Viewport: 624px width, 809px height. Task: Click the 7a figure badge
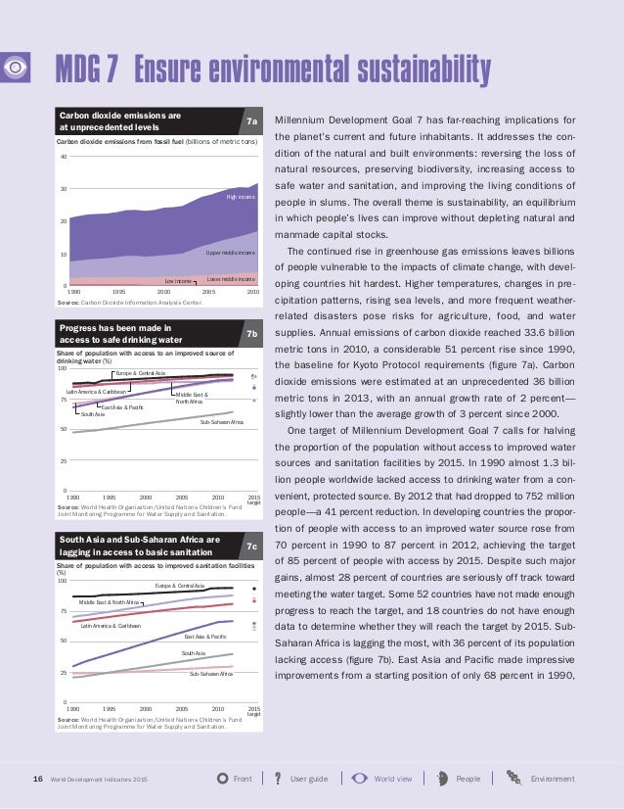click(251, 122)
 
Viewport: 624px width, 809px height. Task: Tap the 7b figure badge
click(251, 334)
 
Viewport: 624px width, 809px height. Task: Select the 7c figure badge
click(251, 546)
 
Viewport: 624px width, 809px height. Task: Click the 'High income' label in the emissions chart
click(240, 197)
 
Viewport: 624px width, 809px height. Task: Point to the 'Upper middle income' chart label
click(231, 253)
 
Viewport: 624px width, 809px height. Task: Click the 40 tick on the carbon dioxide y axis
click(63, 157)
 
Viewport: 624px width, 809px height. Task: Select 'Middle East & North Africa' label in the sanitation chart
click(109, 601)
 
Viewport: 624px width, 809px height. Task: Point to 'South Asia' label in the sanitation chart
click(194, 652)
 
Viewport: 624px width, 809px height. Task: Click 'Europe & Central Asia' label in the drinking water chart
click(141, 373)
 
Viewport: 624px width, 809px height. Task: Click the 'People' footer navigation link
click(468, 780)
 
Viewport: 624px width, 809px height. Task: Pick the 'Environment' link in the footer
click(552, 780)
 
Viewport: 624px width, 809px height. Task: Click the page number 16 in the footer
click(38, 780)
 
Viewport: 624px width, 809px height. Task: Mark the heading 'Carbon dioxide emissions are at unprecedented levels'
click(120, 121)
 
